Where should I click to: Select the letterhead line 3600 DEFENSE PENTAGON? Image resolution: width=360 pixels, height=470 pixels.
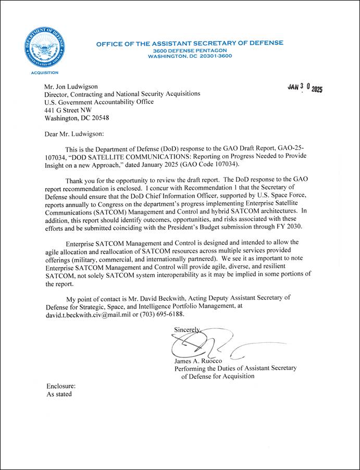(190, 50)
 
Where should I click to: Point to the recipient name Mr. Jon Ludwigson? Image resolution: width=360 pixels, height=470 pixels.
(71, 86)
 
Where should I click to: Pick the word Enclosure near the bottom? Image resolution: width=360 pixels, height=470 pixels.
(61, 386)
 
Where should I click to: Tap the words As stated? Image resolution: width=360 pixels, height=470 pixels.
(59, 394)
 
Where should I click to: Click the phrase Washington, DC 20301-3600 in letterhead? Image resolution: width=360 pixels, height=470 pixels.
(190, 56)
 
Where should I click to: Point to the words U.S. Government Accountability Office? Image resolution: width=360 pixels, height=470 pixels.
(99, 102)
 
